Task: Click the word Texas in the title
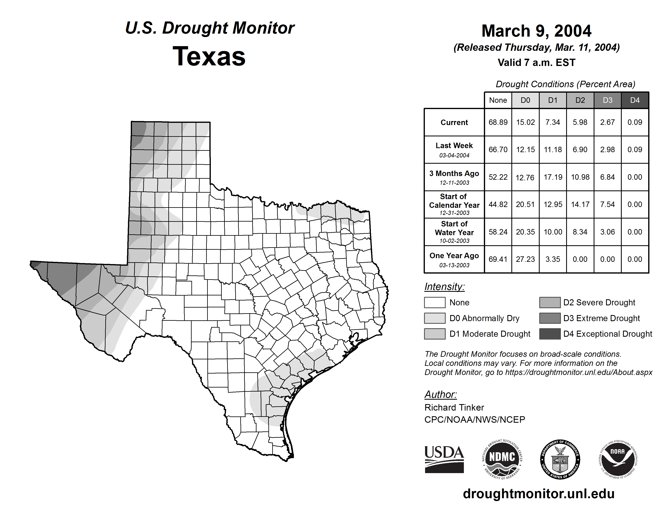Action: pos(209,56)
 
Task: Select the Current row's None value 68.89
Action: pos(498,122)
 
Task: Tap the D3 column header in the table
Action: pos(607,100)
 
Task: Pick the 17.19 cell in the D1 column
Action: pos(553,177)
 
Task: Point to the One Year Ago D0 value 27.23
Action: pos(525,259)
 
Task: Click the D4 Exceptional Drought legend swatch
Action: pos(550,334)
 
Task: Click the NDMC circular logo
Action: pos(502,459)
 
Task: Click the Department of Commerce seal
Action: pos(560,459)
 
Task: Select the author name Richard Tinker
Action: pos(454,408)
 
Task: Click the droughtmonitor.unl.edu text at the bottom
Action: pos(538,494)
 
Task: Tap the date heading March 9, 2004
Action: pos(536,31)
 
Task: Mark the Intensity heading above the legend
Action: pos(444,287)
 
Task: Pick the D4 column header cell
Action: pos(635,100)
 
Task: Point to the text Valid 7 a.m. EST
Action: pos(536,63)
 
